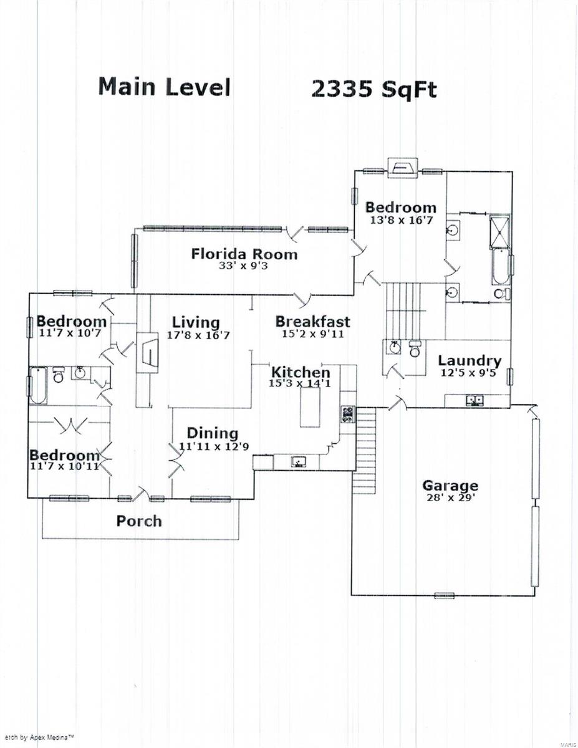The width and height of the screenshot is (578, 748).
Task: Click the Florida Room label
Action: click(244, 254)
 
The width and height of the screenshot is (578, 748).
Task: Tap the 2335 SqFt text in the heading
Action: click(374, 90)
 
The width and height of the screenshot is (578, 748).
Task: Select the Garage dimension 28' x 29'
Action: click(451, 497)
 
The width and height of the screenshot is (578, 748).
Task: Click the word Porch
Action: click(139, 521)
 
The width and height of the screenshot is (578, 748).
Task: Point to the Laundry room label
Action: click(470, 361)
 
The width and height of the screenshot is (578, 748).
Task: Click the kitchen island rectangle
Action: click(310, 407)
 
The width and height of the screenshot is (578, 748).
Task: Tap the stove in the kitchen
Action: click(348, 414)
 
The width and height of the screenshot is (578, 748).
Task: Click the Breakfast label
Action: click(312, 322)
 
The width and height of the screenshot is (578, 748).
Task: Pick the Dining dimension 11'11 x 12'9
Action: click(214, 446)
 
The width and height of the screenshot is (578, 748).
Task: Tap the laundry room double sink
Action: click(475, 400)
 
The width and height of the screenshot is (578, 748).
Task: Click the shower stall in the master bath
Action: click(500, 232)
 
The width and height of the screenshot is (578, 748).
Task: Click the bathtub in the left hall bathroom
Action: click(38, 385)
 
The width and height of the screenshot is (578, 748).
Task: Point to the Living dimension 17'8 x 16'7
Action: click(198, 335)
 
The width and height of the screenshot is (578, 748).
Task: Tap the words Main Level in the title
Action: click(164, 87)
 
